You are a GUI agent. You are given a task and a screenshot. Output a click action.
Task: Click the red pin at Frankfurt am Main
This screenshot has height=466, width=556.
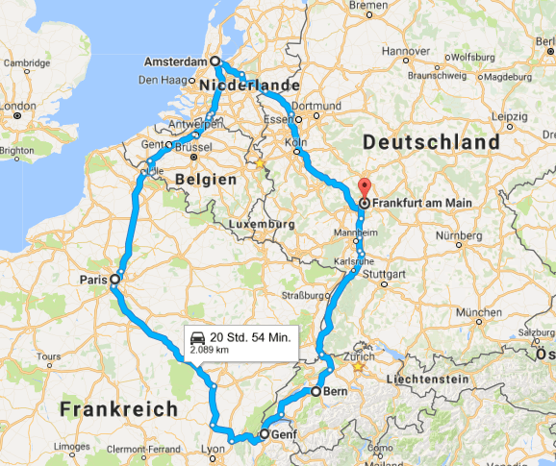point(364,187)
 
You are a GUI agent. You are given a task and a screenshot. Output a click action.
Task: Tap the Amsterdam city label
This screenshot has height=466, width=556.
point(175,61)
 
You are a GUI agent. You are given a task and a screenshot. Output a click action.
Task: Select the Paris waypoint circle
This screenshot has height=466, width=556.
point(114,279)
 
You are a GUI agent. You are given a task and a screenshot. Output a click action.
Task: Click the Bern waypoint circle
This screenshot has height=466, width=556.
point(315,392)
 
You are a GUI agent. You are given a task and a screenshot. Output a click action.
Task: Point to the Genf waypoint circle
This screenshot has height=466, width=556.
point(265,435)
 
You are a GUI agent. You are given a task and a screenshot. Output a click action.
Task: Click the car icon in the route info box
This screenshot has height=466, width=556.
point(197,337)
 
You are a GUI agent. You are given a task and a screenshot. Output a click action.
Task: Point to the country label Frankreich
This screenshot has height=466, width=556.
point(118,408)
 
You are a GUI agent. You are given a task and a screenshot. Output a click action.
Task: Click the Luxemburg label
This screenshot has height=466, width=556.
point(262,224)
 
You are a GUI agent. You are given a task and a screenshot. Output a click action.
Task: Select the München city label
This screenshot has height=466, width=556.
point(479,313)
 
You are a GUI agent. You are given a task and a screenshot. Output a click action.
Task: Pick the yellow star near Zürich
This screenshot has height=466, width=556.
point(358,366)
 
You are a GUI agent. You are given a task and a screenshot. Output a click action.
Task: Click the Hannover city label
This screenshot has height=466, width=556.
point(404,51)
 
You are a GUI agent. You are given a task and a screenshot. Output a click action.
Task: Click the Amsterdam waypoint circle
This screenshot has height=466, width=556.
point(215,61)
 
